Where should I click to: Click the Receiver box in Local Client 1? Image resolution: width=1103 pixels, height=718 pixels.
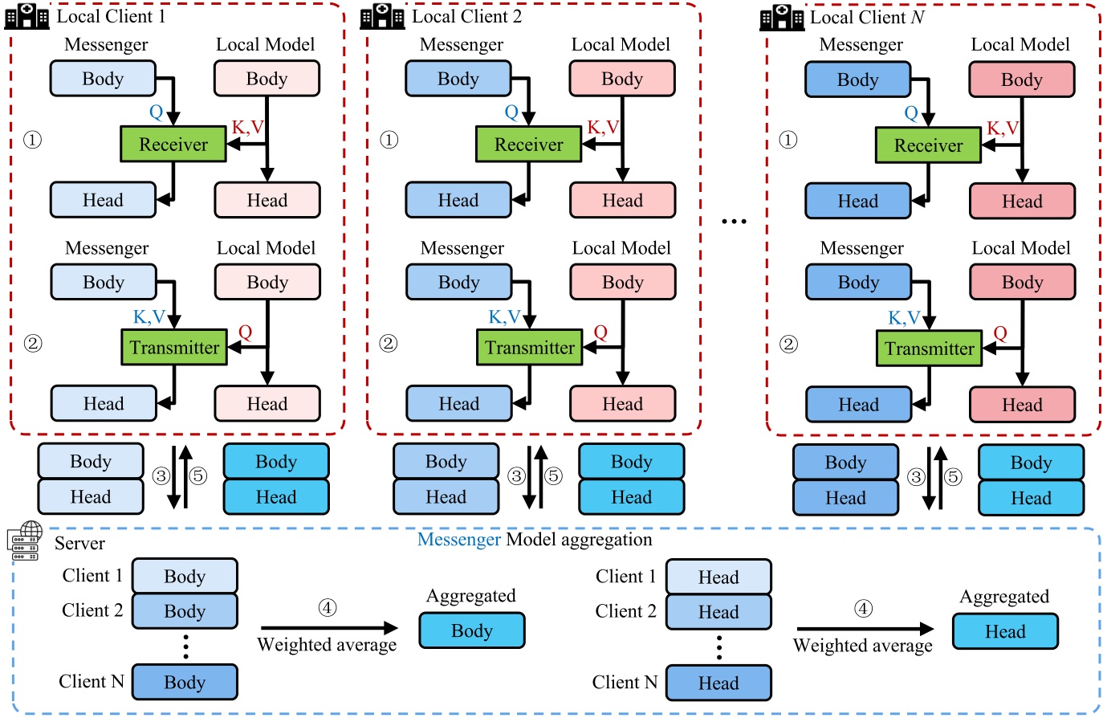[173, 145]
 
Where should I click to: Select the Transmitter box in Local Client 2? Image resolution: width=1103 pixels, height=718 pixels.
[529, 348]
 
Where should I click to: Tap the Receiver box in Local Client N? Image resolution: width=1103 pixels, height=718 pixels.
[928, 145]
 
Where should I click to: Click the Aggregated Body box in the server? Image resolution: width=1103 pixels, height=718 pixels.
[472, 630]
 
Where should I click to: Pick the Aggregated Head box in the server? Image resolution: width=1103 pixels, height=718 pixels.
[1005, 631]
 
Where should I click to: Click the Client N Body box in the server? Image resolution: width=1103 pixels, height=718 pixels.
[185, 682]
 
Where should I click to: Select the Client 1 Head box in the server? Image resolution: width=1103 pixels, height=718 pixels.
[718, 577]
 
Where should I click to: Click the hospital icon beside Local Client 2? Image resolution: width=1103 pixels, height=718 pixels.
[382, 16]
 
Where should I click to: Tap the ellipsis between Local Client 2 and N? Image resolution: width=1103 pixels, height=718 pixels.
[734, 222]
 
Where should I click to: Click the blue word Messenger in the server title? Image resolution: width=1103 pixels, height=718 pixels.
[459, 540]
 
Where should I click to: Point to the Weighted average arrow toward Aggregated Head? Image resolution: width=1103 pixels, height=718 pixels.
[865, 629]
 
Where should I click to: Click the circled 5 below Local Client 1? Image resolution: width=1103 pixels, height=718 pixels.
[198, 476]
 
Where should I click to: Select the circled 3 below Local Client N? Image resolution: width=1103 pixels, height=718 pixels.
[916, 477]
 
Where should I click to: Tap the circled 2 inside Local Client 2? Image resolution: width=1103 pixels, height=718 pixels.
[388, 344]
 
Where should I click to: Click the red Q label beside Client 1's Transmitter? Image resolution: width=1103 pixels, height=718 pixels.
[245, 332]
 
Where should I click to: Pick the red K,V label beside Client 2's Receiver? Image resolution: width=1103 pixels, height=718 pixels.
[603, 127]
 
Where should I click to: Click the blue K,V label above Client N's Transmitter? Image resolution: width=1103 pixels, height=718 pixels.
[904, 317]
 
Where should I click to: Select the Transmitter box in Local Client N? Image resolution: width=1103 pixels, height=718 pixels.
[929, 349]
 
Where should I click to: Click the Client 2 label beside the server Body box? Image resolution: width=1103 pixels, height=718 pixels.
[92, 610]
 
